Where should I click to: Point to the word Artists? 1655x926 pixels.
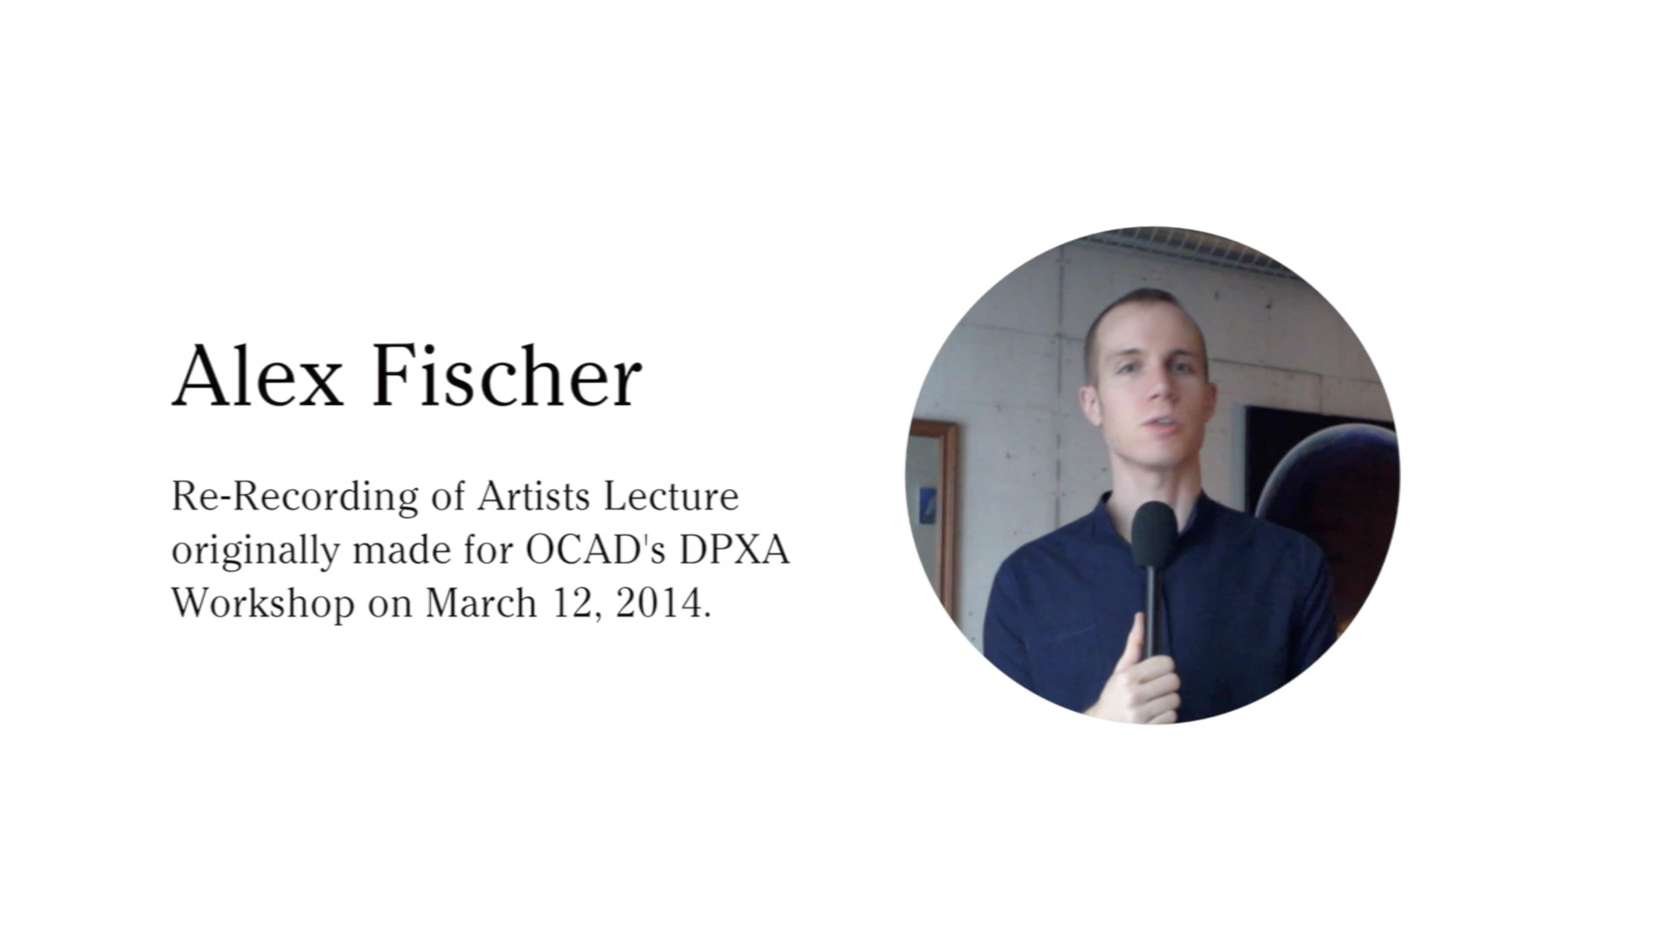(533, 497)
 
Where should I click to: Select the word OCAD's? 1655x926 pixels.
(595, 550)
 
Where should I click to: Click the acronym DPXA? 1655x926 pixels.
(734, 550)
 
